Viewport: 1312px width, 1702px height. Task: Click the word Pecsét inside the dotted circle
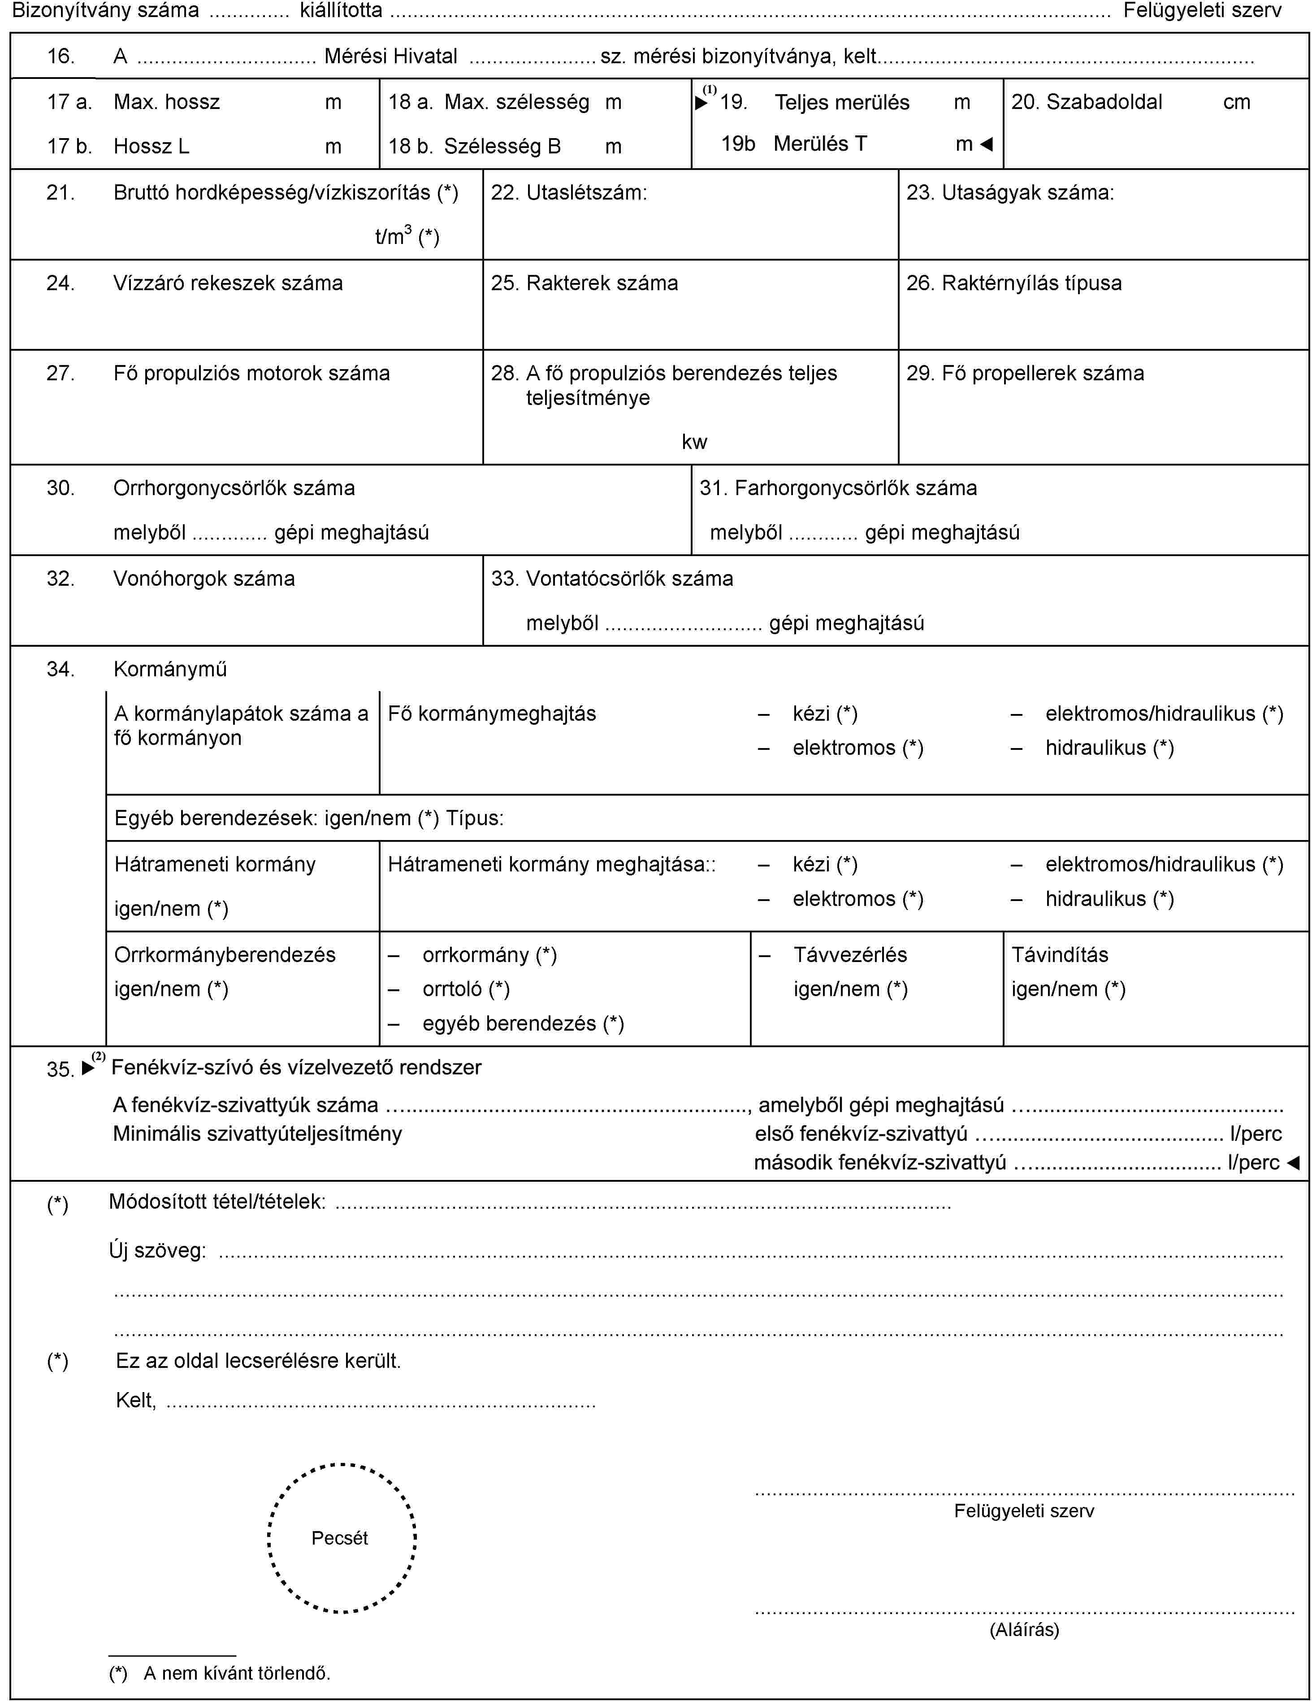coord(340,1537)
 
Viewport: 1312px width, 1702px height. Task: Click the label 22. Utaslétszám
coord(569,192)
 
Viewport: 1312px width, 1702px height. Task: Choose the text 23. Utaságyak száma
coord(1010,192)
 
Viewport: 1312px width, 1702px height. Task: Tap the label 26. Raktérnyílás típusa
coord(1013,283)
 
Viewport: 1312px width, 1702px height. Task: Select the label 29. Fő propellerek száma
coord(1025,373)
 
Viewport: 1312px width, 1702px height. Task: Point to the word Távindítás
coord(1060,955)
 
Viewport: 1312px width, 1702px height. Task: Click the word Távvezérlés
coord(850,955)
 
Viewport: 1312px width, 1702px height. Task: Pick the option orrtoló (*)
coord(466,989)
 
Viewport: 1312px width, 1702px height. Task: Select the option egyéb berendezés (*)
coord(523,1023)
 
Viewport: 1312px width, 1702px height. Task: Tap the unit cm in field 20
coord(1236,102)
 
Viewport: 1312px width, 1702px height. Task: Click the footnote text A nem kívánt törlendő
coord(237,1673)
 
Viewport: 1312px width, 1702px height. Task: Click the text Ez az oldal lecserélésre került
coord(258,1361)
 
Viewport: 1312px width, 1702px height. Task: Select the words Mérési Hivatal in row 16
coord(390,56)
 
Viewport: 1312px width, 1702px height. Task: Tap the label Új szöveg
coord(157,1251)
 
